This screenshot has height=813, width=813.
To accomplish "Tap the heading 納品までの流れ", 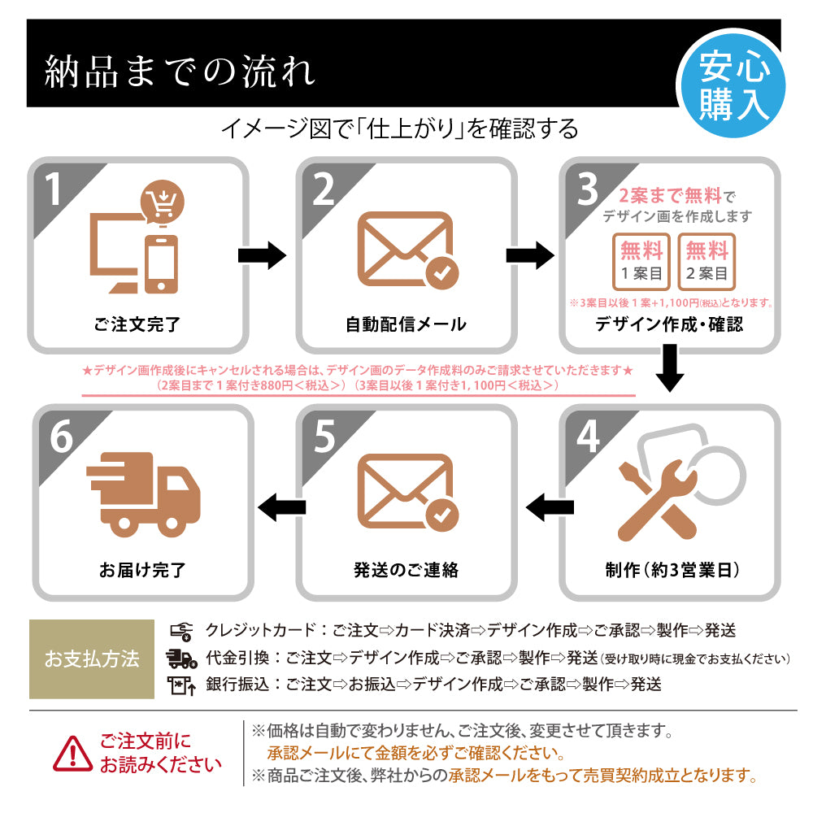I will (x=180, y=72).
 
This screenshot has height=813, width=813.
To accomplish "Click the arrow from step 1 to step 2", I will (x=262, y=256).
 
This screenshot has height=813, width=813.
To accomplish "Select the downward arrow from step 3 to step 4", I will (x=669, y=367).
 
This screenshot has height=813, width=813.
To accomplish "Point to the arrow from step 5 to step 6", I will (x=281, y=507).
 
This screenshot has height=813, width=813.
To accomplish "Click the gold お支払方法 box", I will (x=92, y=659).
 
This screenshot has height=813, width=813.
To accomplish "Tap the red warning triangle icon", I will (x=73, y=754).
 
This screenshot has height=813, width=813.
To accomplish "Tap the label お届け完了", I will (x=141, y=570).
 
